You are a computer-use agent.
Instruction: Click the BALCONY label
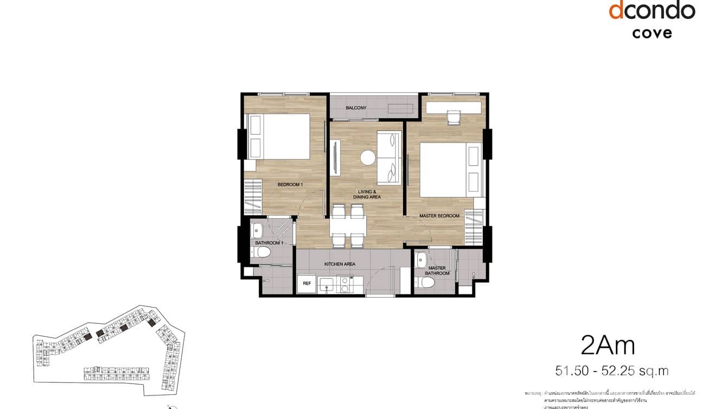coord(356,108)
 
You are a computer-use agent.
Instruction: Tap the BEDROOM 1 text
coord(290,185)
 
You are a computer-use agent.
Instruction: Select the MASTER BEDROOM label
coord(439,216)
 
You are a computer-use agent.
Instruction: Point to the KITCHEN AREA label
coord(340,264)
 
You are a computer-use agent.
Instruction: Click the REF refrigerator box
coord(306,283)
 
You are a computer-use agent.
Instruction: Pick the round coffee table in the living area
coord(368,157)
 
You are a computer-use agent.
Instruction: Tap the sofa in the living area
coord(389,157)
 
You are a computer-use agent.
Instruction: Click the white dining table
coord(348,226)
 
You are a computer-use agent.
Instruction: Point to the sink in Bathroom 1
coord(258,230)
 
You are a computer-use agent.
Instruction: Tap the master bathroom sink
coord(422,261)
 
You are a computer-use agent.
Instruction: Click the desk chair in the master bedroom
coord(454,118)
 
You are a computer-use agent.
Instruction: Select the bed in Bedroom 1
coord(278,136)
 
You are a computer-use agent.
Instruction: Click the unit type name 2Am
coord(607,344)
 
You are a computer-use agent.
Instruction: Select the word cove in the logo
coord(652,33)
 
